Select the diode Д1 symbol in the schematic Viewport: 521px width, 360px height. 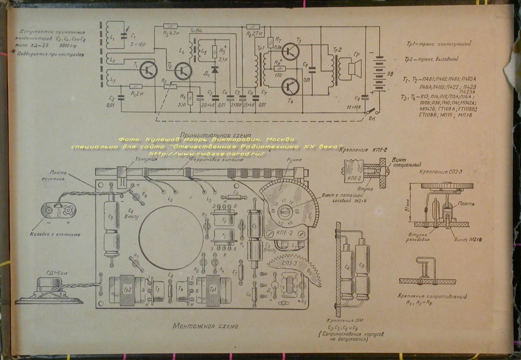214,70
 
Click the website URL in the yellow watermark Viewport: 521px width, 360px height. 207,154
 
